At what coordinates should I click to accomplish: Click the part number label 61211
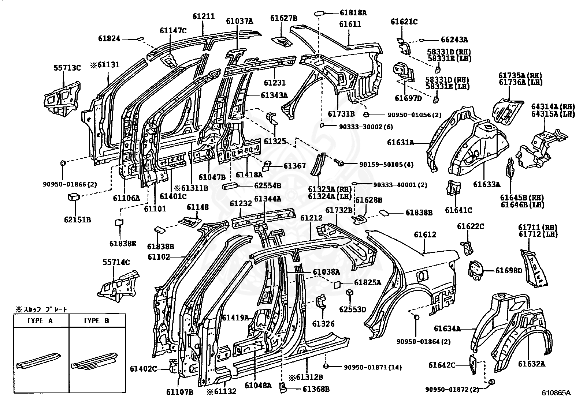pos(204,16)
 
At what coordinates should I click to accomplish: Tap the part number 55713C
pos(67,68)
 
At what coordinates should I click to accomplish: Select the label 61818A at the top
pos(353,12)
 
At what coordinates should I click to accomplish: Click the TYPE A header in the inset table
pos(40,320)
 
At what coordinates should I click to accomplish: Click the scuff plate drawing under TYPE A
pos(38,360)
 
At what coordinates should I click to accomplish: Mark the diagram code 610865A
pos(556,392)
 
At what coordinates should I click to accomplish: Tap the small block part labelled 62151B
pos(73,197)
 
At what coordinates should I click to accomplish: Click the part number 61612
pos(425,234)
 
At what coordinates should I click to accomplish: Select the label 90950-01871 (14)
pos(373,367)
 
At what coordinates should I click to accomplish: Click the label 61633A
pos(486,184)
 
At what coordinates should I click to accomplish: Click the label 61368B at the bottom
pos(316,389)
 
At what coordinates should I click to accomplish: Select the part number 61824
pos(109,39)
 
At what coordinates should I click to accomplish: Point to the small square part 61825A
pos(337,285)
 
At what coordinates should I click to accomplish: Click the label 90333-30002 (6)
pos(366,127)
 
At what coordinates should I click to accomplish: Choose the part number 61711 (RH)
pos(538,227)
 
